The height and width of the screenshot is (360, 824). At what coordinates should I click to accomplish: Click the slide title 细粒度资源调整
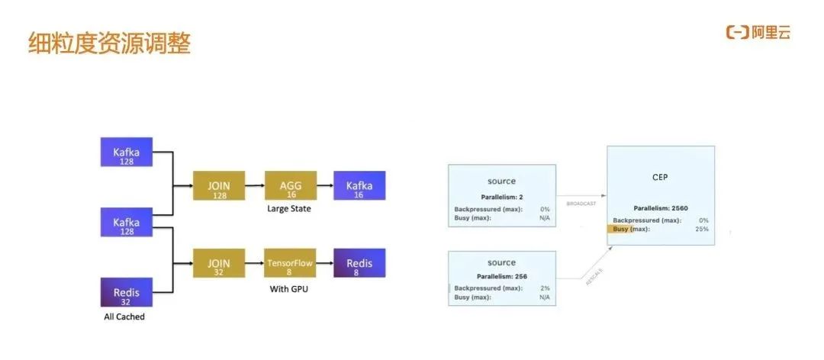point(109,43)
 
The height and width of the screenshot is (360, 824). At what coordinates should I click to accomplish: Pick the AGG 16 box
point(289,187)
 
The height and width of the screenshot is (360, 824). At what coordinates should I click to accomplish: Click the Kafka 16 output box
point(359,187)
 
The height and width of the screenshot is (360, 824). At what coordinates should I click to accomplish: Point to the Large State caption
point(289,208)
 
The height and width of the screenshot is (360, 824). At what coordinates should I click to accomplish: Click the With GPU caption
point(289,289)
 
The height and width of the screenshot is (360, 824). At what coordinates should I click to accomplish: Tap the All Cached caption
point(124,317)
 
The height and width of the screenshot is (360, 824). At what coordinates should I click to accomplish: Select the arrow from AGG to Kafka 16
point(323,186)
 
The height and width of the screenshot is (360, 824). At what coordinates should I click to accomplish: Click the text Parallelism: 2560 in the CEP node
point(661,207)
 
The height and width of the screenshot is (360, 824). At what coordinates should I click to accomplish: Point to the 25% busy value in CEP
point(701,229)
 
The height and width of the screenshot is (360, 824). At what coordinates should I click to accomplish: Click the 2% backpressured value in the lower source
point(544,288)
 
